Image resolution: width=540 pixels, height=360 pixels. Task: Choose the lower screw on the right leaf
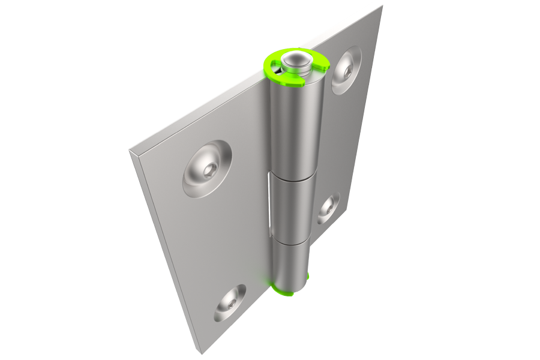[x=328, y=208]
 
